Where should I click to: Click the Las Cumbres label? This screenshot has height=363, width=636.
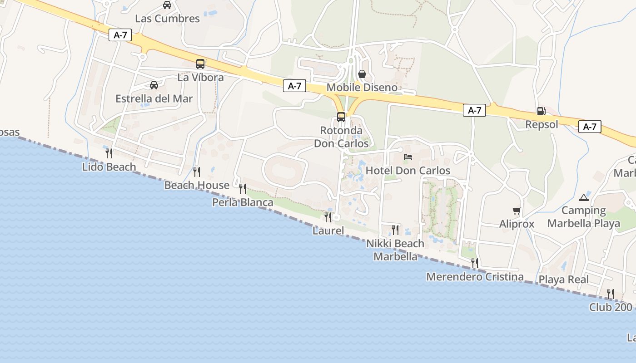pos(167,19)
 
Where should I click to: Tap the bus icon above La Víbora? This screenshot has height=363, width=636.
pos(200,64)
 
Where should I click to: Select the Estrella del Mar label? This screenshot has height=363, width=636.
pos(154,98)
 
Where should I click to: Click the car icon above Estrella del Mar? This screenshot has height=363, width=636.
pos(154,85)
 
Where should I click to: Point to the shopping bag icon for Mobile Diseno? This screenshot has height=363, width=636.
pos(362,74)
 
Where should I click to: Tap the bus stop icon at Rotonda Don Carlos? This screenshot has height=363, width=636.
pos(341,117)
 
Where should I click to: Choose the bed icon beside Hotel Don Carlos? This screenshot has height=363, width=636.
pos(408,157)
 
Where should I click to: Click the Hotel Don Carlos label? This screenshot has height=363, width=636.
pos(408,171)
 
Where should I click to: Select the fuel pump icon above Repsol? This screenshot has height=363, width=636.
pos(541,111)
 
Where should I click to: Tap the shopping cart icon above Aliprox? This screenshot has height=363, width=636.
pos(517,211)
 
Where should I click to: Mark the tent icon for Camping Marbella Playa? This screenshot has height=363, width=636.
pos(584,197)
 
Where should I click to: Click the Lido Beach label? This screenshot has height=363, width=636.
pos(109,167)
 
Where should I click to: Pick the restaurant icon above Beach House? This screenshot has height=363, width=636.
pos(197,172)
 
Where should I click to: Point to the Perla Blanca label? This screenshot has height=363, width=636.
pos(243,202)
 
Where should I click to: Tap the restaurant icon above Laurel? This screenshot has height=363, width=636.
pos(328,217)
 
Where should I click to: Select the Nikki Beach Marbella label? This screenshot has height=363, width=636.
pos(395,250)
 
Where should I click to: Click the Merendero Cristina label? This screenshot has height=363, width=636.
pos(475,277)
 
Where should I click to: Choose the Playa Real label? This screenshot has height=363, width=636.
pos(563,280)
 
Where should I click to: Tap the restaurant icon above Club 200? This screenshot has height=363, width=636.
pos(611,294)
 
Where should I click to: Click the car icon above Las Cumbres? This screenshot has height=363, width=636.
pos(167,5)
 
